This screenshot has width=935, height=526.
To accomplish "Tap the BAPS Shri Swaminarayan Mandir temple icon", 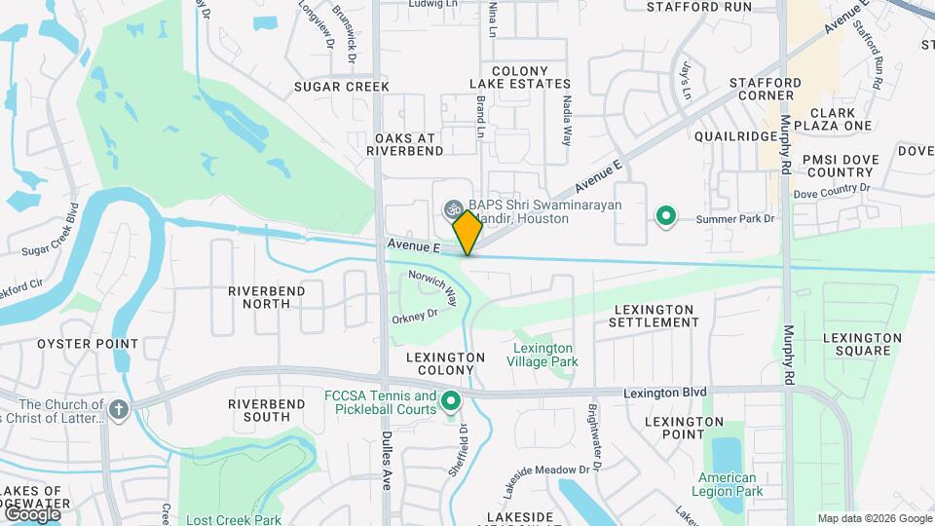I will tap(453, 207).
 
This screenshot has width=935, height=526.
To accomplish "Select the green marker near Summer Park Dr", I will tap(666, 215).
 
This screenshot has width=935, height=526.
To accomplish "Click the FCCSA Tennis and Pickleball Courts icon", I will tap(451, 400).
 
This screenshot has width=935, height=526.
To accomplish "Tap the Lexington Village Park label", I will tap(542, 355).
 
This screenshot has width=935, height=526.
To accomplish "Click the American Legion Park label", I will tap(727, 484).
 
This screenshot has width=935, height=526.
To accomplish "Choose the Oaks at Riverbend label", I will tap(405, 144).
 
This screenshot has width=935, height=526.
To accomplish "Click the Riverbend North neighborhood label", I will tap(266, 297).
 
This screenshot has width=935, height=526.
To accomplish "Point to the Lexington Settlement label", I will tap(654, 316).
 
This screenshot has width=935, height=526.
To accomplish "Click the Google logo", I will tap(32, 513).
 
